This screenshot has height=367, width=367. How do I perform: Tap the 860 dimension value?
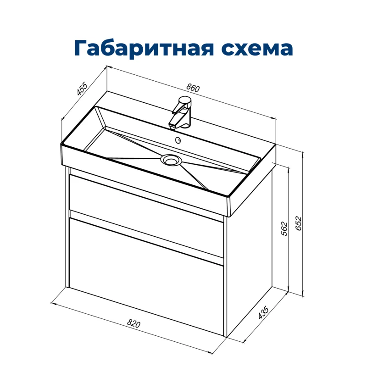pyautogui.click(x=194, y=88)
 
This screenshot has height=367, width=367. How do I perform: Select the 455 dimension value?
pyautogui.click(x=82, y=90)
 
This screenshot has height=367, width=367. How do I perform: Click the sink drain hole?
pyautogui.click(x=171, y=160)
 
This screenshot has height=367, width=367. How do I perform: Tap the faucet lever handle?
pyautogui.click(x=185, y=102)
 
